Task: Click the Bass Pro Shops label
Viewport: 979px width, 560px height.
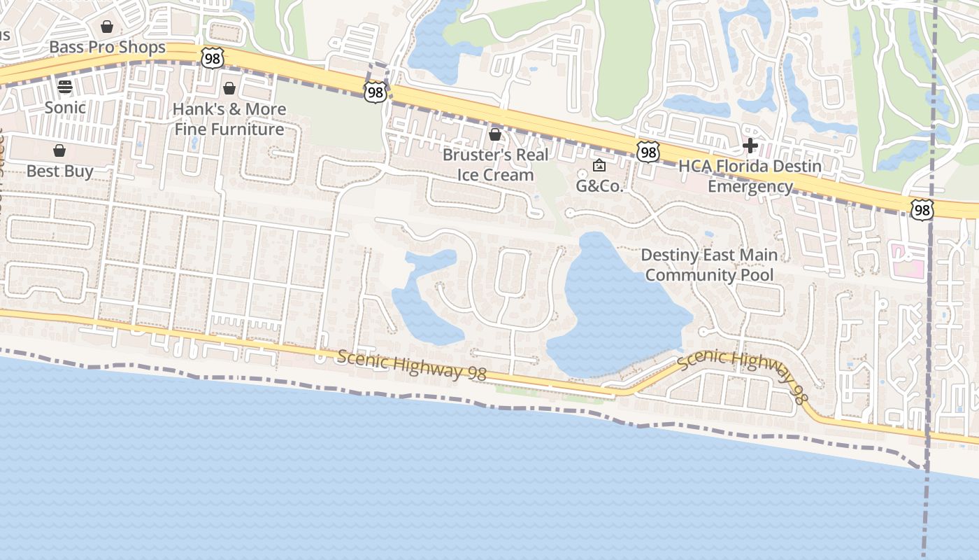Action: [x=107, y=48]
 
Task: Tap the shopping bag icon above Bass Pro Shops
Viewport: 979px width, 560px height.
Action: [x=107, y=27]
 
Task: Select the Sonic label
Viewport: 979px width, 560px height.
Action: [x=65, y=107]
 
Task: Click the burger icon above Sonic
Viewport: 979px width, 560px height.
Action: [x=65, y=87]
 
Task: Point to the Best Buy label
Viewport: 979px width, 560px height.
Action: [x=59, y=171]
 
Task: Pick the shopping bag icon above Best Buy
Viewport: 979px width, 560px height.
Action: [x=59, y=150]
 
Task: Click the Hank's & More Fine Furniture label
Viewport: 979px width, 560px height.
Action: [x=229, y=119]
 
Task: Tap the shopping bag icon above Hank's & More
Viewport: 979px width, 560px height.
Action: [x=229, y=88]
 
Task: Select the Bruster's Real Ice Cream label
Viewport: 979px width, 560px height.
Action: [x=495, y=164]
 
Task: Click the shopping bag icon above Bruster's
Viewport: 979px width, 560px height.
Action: [x=495, y=134]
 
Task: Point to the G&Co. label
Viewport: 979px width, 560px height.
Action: [x=599, y=186]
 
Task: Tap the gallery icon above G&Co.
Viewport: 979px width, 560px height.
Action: [x=599, y=166]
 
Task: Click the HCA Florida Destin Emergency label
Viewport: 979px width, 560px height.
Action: [x=750, y=176]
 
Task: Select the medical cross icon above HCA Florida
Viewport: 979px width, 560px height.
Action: [x=750, y=146]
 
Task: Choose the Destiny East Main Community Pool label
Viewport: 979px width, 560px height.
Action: [x=709, y=265]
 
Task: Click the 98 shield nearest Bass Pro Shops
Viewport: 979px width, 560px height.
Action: [x=212, y=57]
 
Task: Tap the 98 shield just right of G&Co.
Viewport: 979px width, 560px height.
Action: [x=648, y=151]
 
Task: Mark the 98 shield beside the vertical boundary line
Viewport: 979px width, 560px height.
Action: [x=922, y=209]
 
